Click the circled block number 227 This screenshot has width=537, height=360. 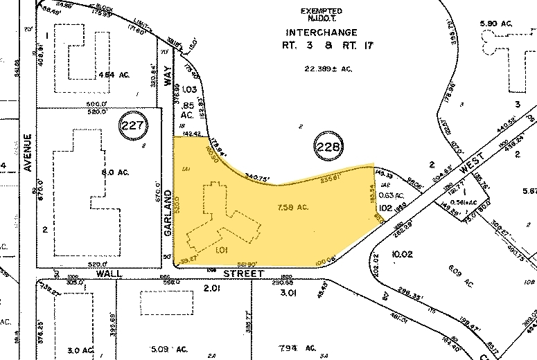(134, 125)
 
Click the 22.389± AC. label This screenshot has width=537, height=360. (322, 69)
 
